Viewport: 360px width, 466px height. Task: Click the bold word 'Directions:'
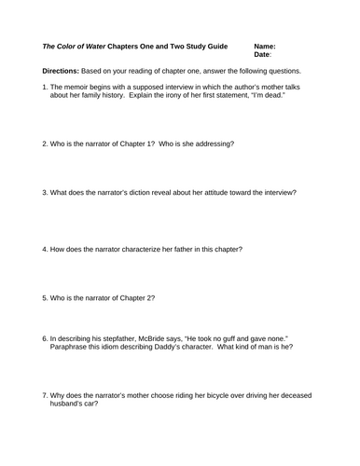61,71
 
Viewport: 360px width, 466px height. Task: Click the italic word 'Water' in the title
100,45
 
